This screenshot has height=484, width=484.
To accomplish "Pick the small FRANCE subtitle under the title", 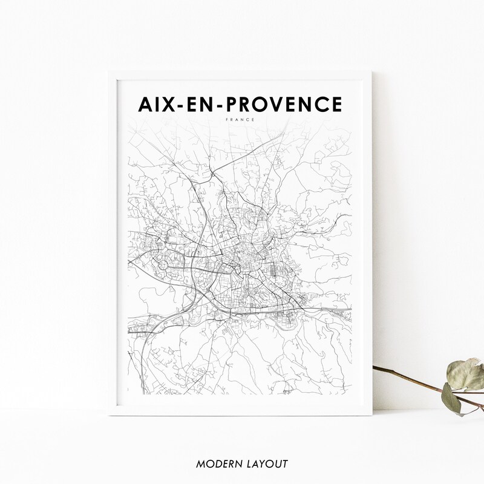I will pos(240,120).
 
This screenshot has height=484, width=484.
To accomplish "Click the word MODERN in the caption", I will pos(217,464).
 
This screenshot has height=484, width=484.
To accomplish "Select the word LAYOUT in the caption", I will pos(267,464).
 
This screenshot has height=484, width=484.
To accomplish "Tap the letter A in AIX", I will pos(147,105).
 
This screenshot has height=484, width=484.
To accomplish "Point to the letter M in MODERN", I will pos(200,464).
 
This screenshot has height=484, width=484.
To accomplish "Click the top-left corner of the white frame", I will pos(110,72).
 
